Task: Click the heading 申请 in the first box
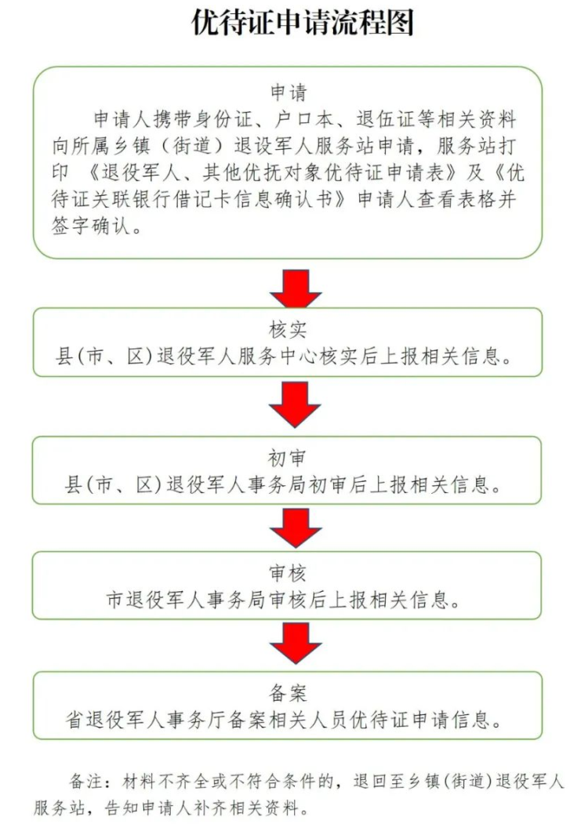click(287, 93)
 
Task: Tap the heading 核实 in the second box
click(287, 330)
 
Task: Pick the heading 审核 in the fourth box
click(287, 574)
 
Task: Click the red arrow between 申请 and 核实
click(295, 288)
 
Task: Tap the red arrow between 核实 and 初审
click(295, 404)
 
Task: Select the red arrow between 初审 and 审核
click(295, 527)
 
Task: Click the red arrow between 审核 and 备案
click(295, 644)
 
